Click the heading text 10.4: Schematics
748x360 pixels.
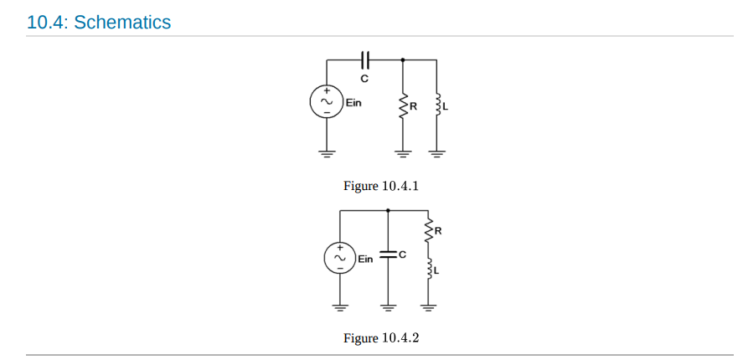[x=99, y=23]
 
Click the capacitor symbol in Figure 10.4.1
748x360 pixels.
[x=364, y=59]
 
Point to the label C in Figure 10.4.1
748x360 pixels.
[x=364, y=78]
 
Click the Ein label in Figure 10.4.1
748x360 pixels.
[x=353, y=103]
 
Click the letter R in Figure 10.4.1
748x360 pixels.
[x=412, y=107]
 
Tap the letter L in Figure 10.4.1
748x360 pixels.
[x=445, y=107]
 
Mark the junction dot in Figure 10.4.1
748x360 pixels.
[x=403, y=59]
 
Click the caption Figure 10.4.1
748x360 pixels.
[x=380, y=185]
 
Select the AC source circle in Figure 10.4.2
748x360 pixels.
[x=340, y=258]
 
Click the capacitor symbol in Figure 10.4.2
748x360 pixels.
[x=387, y=255]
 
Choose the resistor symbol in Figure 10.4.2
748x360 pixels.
[x=429, y=229]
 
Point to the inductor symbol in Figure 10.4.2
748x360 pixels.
[x=429, y=269]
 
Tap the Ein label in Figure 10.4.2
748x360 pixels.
[x=366, y=259]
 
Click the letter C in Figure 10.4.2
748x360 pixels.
[x=402, y=255]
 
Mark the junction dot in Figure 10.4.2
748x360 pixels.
[x=387, y=210]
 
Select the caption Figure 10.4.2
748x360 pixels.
[x=380, y=338]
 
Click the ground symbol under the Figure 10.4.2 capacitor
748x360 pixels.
[x=387, y=306]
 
